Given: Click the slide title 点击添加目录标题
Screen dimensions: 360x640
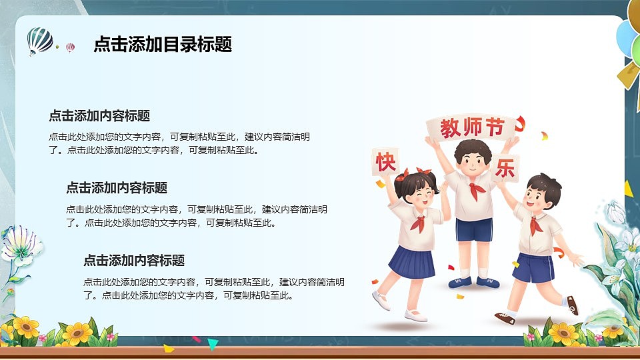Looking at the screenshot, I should click(x=163, y=44).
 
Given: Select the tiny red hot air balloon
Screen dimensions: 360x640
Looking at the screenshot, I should click(x=70, y=47).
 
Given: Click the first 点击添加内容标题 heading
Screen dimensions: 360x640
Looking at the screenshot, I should click(x=99, y=115).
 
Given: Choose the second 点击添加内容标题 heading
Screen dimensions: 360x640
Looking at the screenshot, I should click(x=116, y=188).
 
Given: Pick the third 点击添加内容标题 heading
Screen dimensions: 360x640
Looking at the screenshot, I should click(x=133, y=261).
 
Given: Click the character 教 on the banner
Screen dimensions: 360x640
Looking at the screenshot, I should click(x=451, y=128).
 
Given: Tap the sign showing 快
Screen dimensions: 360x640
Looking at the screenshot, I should click(x=386, y=162).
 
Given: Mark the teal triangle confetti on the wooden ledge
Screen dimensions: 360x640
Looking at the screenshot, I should click(x=213, y=344).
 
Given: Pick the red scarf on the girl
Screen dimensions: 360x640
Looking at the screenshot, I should click(x=418, y=222).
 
